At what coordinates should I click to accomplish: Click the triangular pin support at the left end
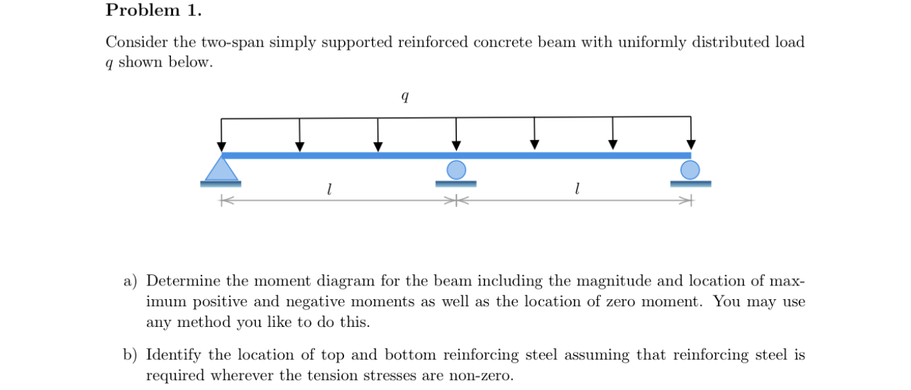[221, 170]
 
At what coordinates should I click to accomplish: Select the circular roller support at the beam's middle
[456, 170]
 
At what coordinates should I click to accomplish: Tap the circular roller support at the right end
[690, 170]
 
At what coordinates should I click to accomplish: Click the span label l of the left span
[330, 188]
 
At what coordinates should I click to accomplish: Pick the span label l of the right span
[577, 188]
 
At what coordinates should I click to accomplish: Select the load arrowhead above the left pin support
[222, 146]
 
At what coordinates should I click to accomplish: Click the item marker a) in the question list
[131, 281]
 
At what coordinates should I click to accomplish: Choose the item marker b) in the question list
[131, 355]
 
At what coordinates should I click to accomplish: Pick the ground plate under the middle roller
[456, 184]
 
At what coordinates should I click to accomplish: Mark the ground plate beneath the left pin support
[221, 184]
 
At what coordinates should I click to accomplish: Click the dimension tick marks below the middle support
[456, 201]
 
